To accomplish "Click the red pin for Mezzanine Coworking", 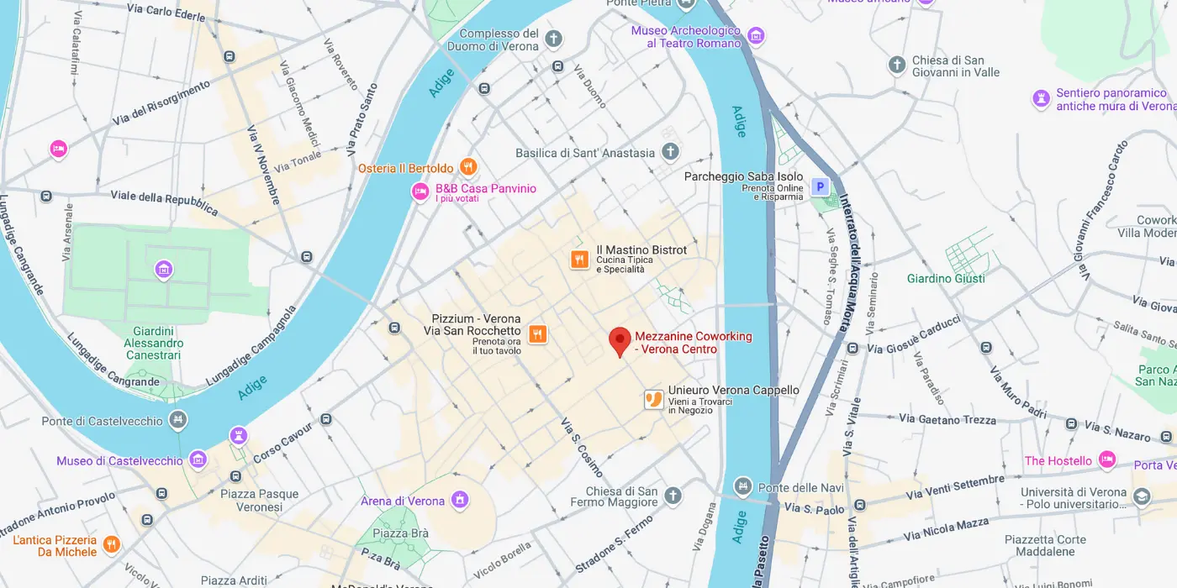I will click(620, 341).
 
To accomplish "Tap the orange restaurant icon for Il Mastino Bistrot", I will click(579, 260).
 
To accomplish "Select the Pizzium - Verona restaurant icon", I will click(539, 334).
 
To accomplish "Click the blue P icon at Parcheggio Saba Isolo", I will click(819, 186).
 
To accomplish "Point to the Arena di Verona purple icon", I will click(460, 501).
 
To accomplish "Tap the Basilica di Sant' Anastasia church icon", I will click(670, 152).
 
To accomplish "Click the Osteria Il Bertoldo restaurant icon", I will click(468, 167).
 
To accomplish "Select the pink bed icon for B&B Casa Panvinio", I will click(420, 192).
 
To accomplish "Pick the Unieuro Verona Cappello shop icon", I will click(654, 400).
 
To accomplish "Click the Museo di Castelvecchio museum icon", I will click(198, 459).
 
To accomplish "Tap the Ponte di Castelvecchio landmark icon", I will click(177, 420).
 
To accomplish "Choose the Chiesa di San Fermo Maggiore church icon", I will click(673, 496).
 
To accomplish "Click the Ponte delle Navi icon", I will click(742, 486).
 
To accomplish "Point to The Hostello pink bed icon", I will click(1107, 459).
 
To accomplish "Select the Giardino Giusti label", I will click(946, 278).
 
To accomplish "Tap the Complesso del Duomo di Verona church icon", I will click(553, 39).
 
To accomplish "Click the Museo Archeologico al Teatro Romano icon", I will click(756, 35).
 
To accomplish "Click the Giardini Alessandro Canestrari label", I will click(154, 343).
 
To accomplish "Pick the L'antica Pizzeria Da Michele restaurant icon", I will click(112, 546).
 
